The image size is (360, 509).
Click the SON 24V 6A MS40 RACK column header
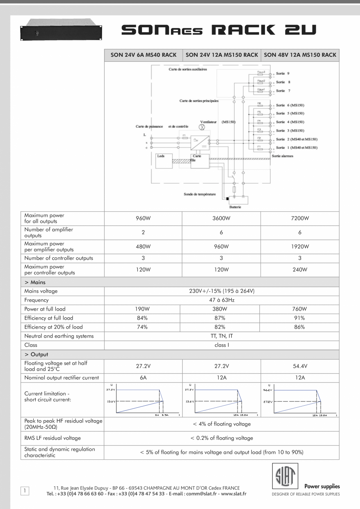point(143,55)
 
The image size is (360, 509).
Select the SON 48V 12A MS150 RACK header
point(300,55)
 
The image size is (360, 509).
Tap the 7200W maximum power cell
point(300,218)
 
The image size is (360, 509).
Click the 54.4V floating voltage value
point(300,366)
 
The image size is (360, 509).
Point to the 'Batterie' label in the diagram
point(235,207)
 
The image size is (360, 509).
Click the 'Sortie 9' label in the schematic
point(283,73)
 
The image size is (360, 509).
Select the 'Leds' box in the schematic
point(161,156)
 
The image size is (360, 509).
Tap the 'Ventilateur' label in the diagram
point(209,122)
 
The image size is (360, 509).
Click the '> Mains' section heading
point(35,282)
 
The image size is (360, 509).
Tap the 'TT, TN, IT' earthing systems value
point(221,336)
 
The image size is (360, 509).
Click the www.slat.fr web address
point(234,494)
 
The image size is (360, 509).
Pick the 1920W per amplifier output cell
point(300,246)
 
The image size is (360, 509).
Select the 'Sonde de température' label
point(200,194)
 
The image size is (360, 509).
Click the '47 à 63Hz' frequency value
point(221,300)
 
